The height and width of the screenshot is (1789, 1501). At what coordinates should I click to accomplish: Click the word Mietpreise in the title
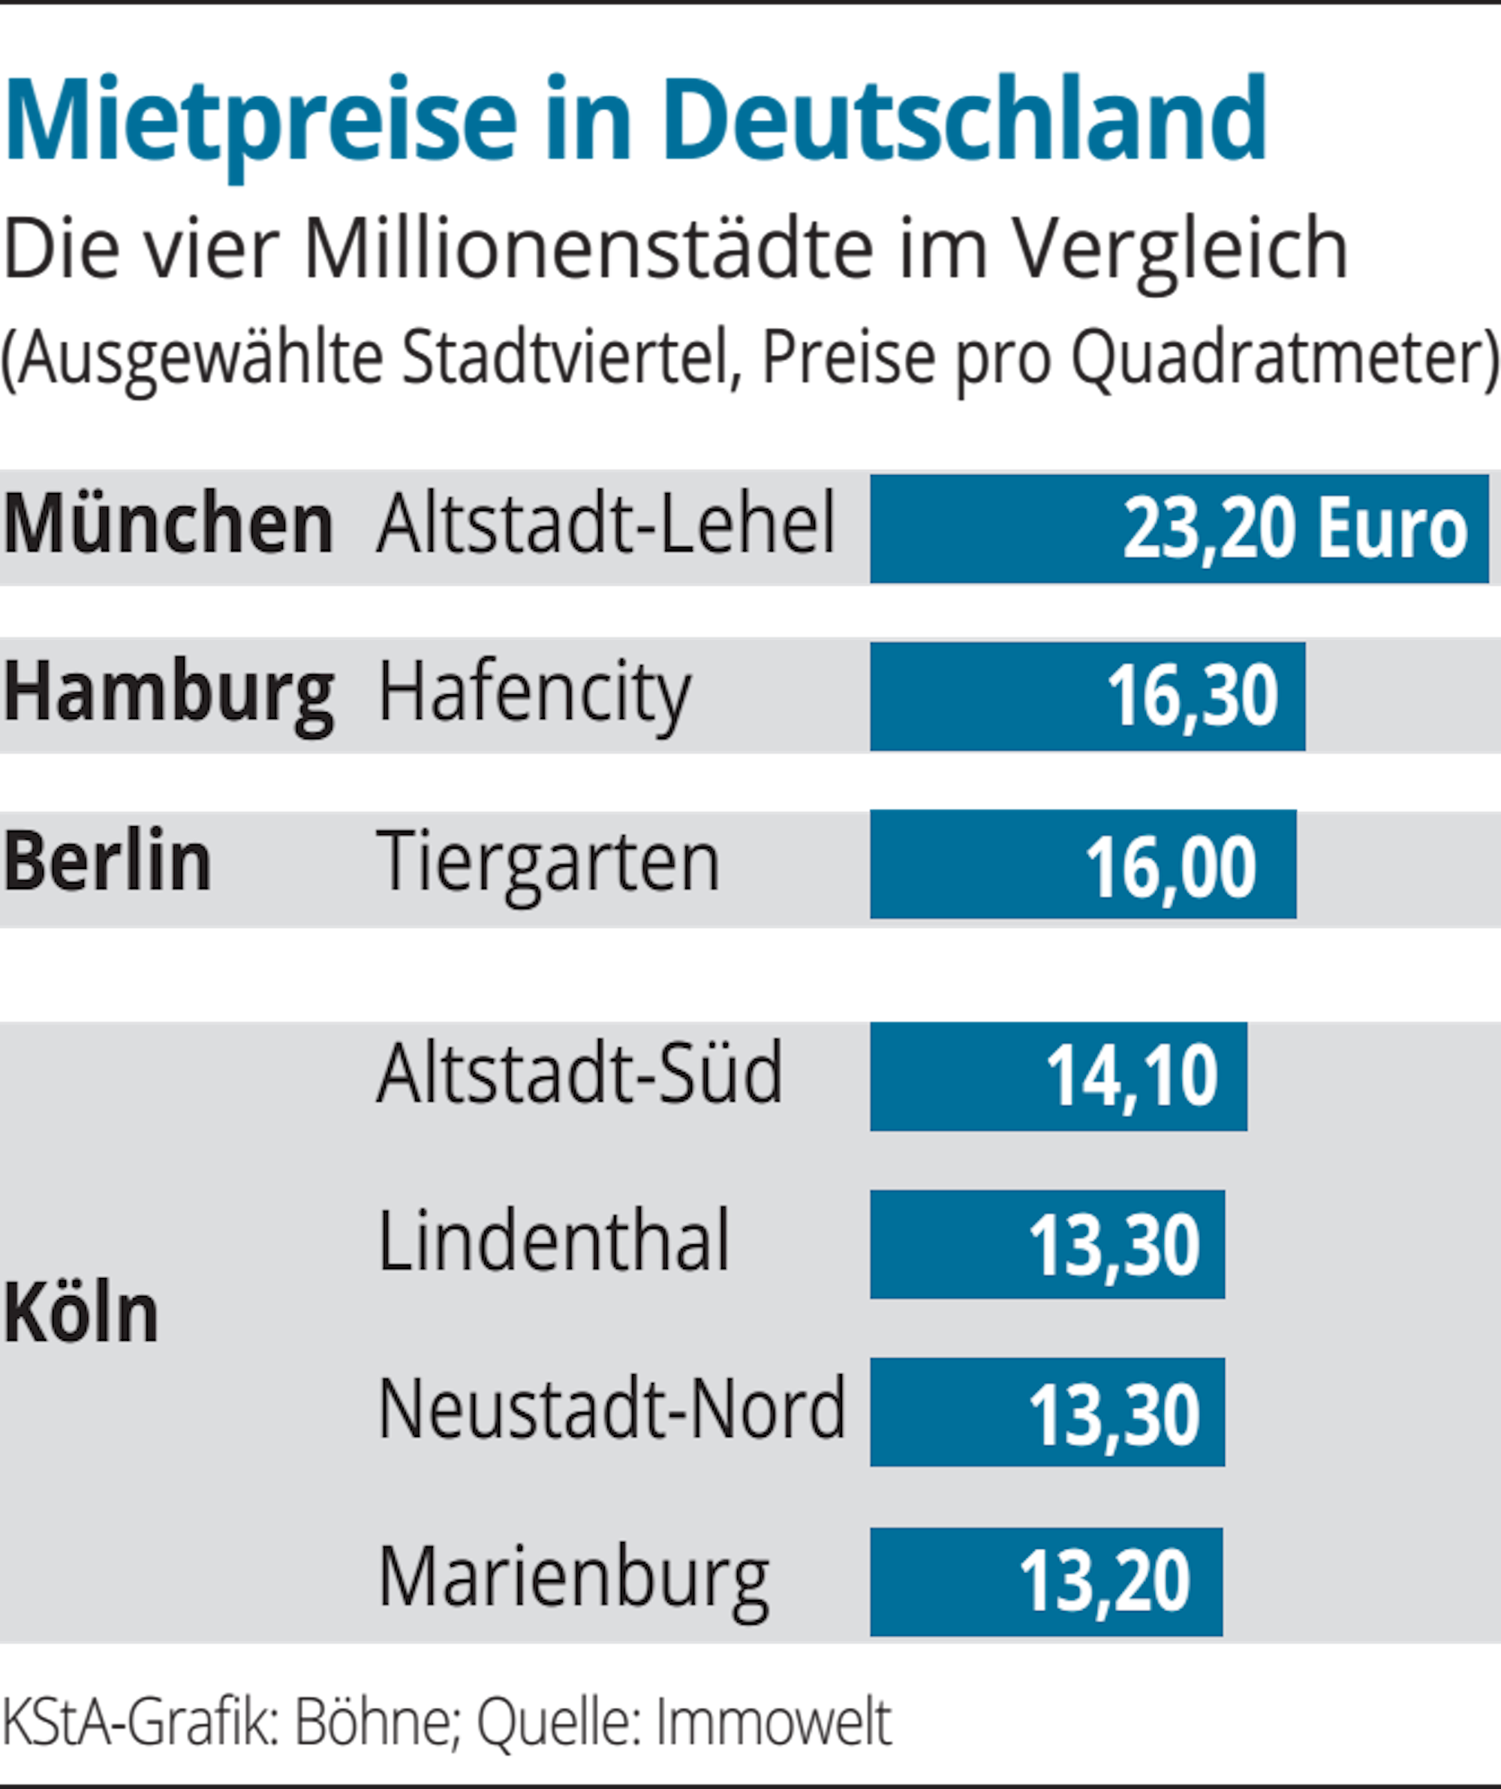coord(260,119)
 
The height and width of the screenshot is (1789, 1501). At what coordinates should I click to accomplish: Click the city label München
coord(169,525)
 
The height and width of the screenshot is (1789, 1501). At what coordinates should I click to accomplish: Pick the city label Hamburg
coord(169,694)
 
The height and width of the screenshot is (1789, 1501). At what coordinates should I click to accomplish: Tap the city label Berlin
coord(107,862)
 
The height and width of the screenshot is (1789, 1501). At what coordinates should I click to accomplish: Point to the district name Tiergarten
coord(549,862)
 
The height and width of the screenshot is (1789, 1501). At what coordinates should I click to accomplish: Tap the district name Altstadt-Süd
coord(579,1073)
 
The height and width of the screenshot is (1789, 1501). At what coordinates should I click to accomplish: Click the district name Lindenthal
coord(554,1242)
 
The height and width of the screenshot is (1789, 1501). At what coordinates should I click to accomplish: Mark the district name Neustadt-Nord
coord(612,1410)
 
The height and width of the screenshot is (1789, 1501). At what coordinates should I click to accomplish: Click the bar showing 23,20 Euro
coord(1179,529)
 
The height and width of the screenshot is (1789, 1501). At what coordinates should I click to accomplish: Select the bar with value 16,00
coord(1083,864)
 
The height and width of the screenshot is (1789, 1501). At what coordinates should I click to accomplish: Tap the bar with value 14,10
coord(1058,1075)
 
